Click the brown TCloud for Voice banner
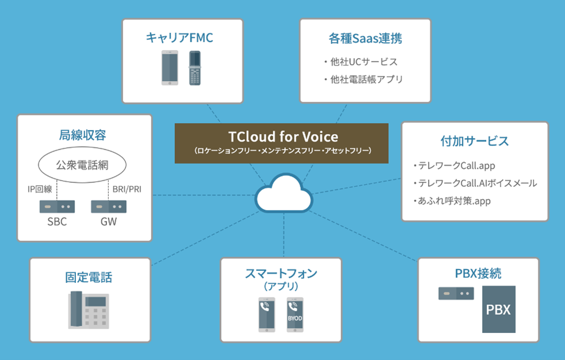[x=281, y=143]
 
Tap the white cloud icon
[x=284, y=193]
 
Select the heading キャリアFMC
[x=180, y=38]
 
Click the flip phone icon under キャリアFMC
[x=195, y=68]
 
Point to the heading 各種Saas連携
[x=365, y=38]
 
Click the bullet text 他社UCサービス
[x=364, y=62]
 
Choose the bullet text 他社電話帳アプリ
[x=367, y=79]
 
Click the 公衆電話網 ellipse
[x=82, y=165]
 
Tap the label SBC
[x=57, y=221]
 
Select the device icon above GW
[x=109, y=206]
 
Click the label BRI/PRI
[x=127, y=189]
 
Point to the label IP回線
[x=40, y=189]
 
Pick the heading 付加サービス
[x=475, y=141]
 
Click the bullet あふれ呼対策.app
[x=455, y=201]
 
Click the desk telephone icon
[x=89, y=309]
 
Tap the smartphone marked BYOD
[x=295, y=315]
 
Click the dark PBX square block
[x=499, y=309]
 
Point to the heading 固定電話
[x=89, y=277]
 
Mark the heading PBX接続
[x=478, y=274]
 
